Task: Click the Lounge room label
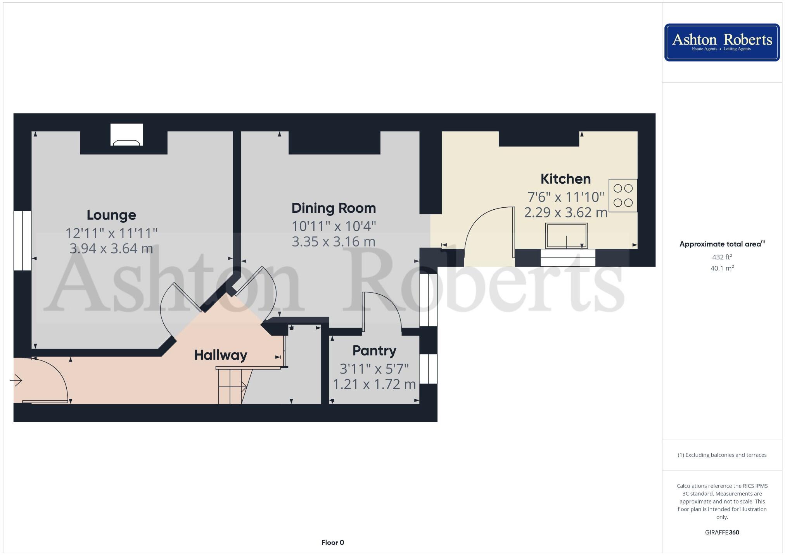(111, 215)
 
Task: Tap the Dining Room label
(334, 208)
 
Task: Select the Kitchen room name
(565, 179)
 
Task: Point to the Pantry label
(374, 351)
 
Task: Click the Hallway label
(220, 355)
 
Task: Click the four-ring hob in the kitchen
(623, 195)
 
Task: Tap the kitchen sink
(566, 236)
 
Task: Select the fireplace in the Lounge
(126, 135)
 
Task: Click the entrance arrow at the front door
(16, 381)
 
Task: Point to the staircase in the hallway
(232, 386)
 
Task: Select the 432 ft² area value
(722, 257)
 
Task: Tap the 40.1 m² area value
(722, 268)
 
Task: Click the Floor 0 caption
(332, 543)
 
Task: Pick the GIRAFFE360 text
(722, 533)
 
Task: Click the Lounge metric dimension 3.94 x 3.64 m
(111, 248)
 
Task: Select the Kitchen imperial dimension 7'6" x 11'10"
(565, 197)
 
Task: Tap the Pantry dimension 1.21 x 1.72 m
(374, 384)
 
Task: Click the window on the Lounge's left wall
(22, 240)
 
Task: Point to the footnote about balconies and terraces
(722, 455)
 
